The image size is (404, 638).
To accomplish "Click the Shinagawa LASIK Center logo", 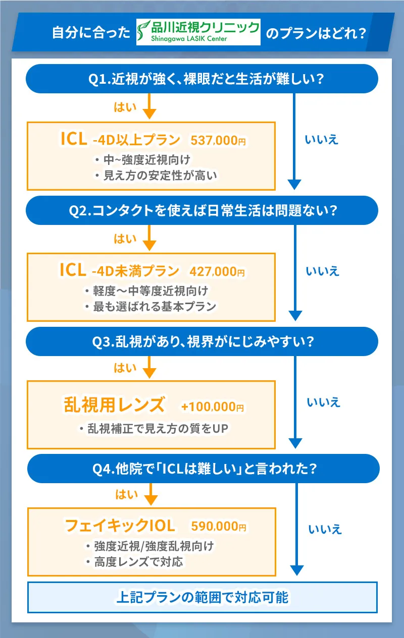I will [x=198, y=32].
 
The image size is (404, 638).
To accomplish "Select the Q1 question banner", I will [x=202, y=79].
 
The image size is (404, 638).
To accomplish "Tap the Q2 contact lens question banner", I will [x=202, y=210].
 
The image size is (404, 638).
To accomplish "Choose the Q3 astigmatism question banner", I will [x=202, y=341].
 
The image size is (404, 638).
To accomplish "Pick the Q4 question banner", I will [x=202, y=469].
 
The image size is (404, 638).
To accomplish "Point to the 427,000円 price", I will [x=217, y=272].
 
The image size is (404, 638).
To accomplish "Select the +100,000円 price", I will [x=213, y=407].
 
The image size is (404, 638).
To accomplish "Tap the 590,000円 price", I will [x=219, y=527].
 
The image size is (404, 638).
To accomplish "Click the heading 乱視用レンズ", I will [x=114, y=404].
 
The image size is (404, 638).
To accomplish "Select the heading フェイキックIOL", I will [x=120, y=526].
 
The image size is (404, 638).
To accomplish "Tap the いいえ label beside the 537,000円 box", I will [x=322, y=140].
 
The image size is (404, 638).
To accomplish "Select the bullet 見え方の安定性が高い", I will [x=156, y=175].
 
